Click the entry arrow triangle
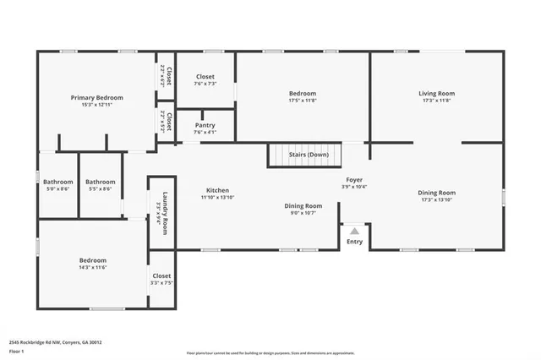tap(355, 230)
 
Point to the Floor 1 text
tap(17, 350)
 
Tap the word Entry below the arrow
tap(355, 242)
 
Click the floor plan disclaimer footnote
tap(270, 353)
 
